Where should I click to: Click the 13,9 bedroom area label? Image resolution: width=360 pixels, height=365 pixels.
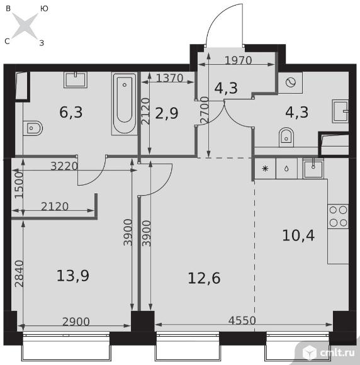pos(73,276)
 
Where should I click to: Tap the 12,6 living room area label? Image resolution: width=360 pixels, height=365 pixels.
pos(204,278)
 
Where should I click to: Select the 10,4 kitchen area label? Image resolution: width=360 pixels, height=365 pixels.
pos(298,235)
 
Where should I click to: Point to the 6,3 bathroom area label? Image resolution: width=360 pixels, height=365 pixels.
pos(71,112)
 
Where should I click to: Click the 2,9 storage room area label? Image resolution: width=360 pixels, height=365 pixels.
pos(167,113)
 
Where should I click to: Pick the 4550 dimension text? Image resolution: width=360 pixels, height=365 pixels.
pos(242,320)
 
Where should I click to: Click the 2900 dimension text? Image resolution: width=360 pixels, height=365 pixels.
pos(76,322)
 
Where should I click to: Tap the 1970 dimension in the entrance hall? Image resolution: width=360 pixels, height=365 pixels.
pos(239,60)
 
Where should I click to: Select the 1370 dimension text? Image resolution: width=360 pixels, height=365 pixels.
pos(170,78)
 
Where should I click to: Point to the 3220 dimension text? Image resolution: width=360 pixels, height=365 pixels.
pos(64,166)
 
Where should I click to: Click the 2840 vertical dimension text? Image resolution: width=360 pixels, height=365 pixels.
pos(19,274)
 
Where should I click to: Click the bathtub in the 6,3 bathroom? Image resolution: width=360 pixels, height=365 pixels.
pos(125,103)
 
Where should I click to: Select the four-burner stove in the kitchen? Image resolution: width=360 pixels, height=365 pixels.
pos(338,216)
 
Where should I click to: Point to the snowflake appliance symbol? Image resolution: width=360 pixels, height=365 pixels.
pos(265,168)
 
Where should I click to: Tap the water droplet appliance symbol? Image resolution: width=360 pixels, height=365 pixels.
pos(286,168)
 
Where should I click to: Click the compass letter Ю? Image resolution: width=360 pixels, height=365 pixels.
pos(44,9)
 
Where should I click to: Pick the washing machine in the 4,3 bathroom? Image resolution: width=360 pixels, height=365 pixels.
pos(291,82)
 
